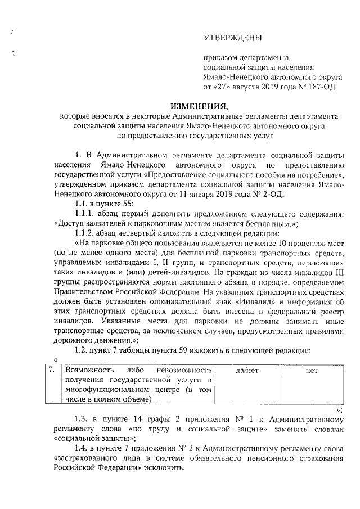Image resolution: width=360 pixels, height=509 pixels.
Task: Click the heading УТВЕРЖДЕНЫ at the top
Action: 232,38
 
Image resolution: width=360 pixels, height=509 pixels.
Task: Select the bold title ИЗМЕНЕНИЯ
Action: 200,106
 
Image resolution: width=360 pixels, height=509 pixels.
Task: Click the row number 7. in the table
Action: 51,371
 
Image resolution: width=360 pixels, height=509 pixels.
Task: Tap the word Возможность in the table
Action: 89,371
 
